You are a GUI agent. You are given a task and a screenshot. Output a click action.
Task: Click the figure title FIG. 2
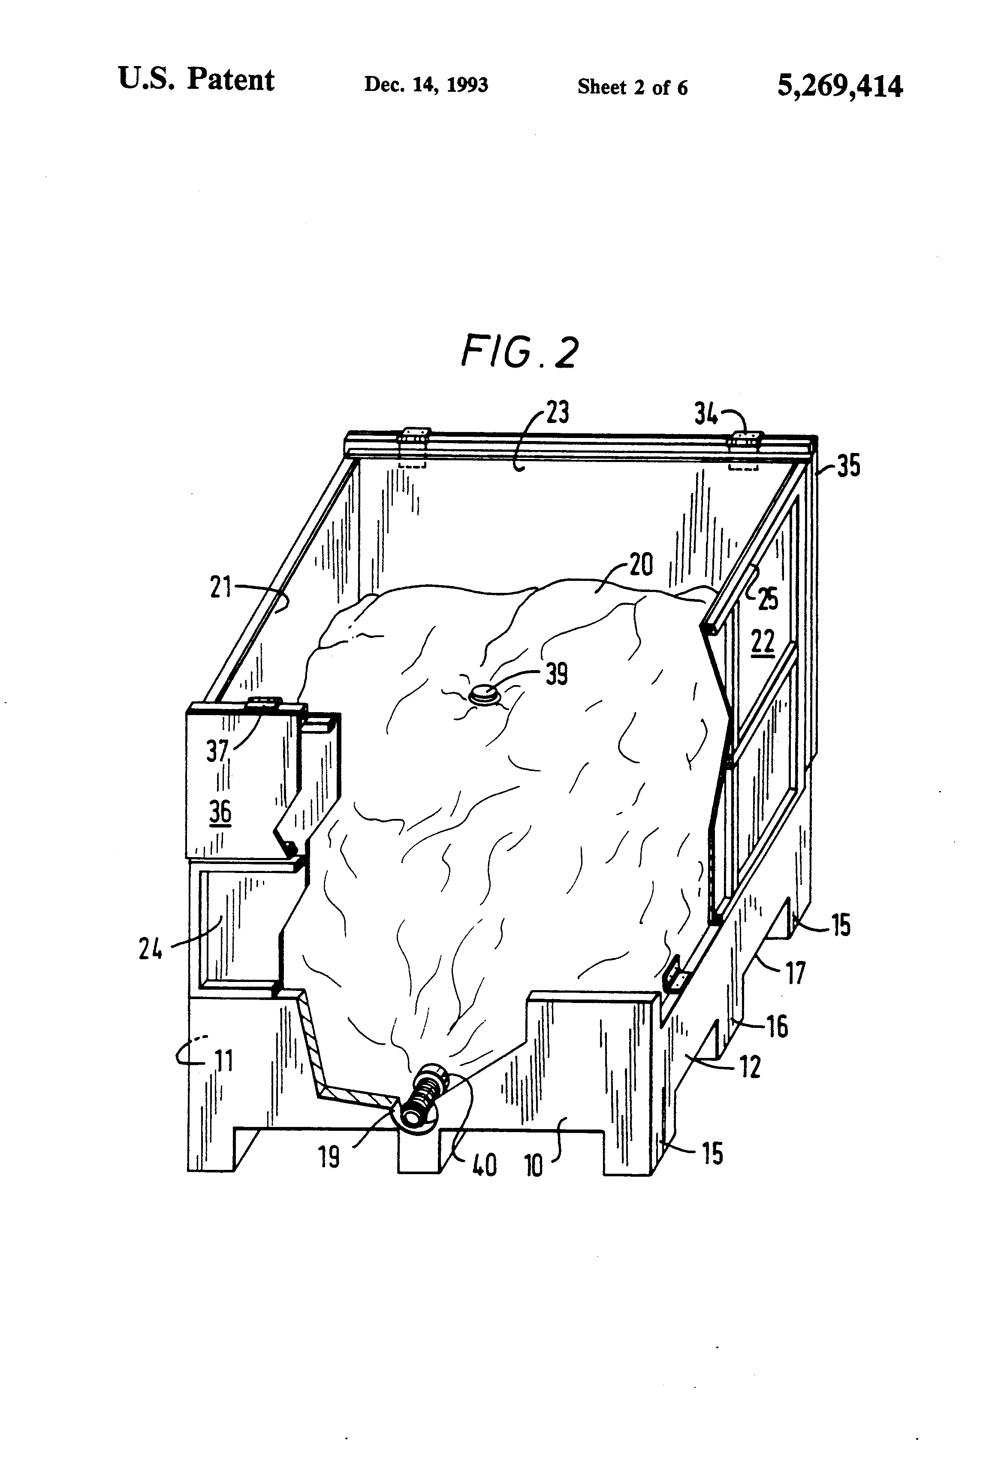519,352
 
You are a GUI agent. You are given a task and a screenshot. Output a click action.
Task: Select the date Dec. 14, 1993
426,85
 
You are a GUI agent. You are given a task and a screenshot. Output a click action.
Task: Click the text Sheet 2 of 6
632,87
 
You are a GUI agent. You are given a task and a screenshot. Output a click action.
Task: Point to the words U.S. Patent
196,80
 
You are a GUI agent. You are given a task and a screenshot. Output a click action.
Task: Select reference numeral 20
640,565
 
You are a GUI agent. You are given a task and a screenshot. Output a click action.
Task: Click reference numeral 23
557,412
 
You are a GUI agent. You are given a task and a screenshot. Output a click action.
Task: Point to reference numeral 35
848,467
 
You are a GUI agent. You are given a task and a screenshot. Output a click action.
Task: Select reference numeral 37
217,750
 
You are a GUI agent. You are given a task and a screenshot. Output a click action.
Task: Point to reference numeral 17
795,973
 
